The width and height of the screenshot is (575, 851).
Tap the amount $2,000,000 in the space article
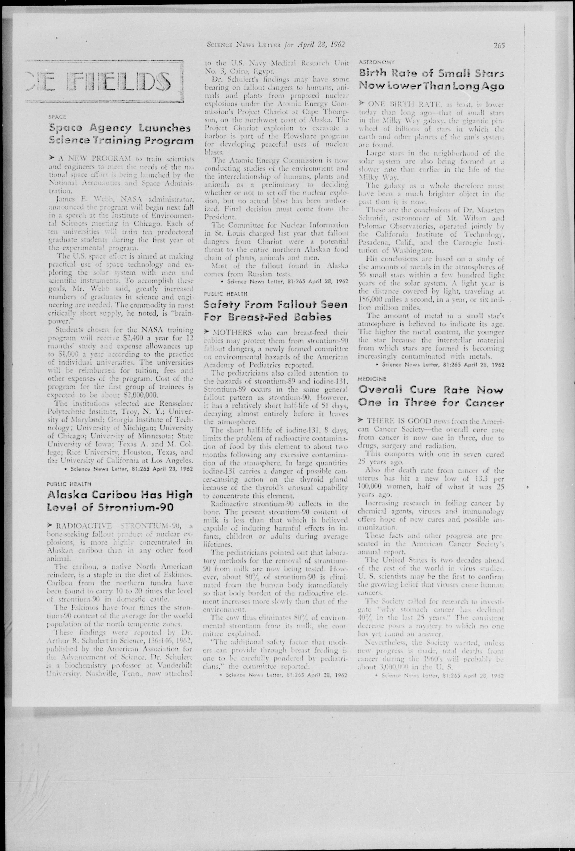pos(141,395)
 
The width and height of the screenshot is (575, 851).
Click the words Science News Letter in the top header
pos(244,45)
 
